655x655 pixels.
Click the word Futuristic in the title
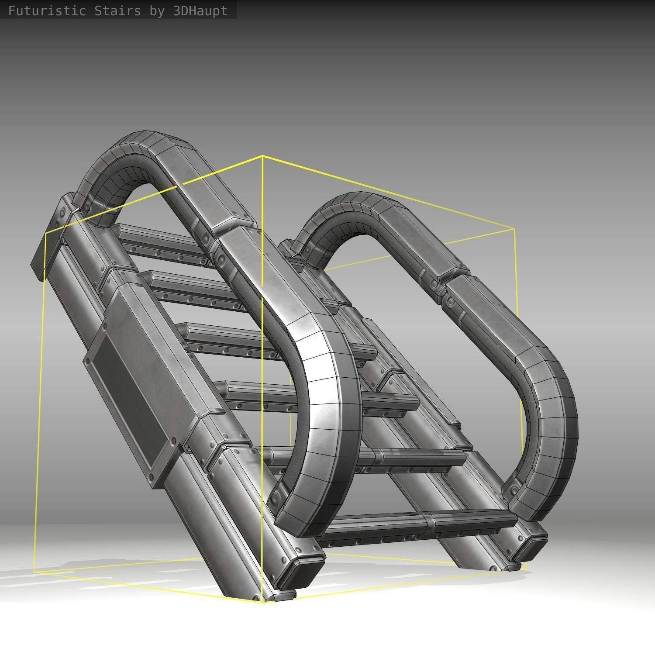point(47,10)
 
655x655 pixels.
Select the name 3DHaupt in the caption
point(200,10)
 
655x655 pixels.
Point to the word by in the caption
point(157,10)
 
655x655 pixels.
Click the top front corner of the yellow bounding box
point(262,156)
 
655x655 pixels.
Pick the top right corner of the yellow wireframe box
point(514,228)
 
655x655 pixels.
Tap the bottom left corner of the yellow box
point(34,572)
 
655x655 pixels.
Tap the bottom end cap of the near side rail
point(301,572)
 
